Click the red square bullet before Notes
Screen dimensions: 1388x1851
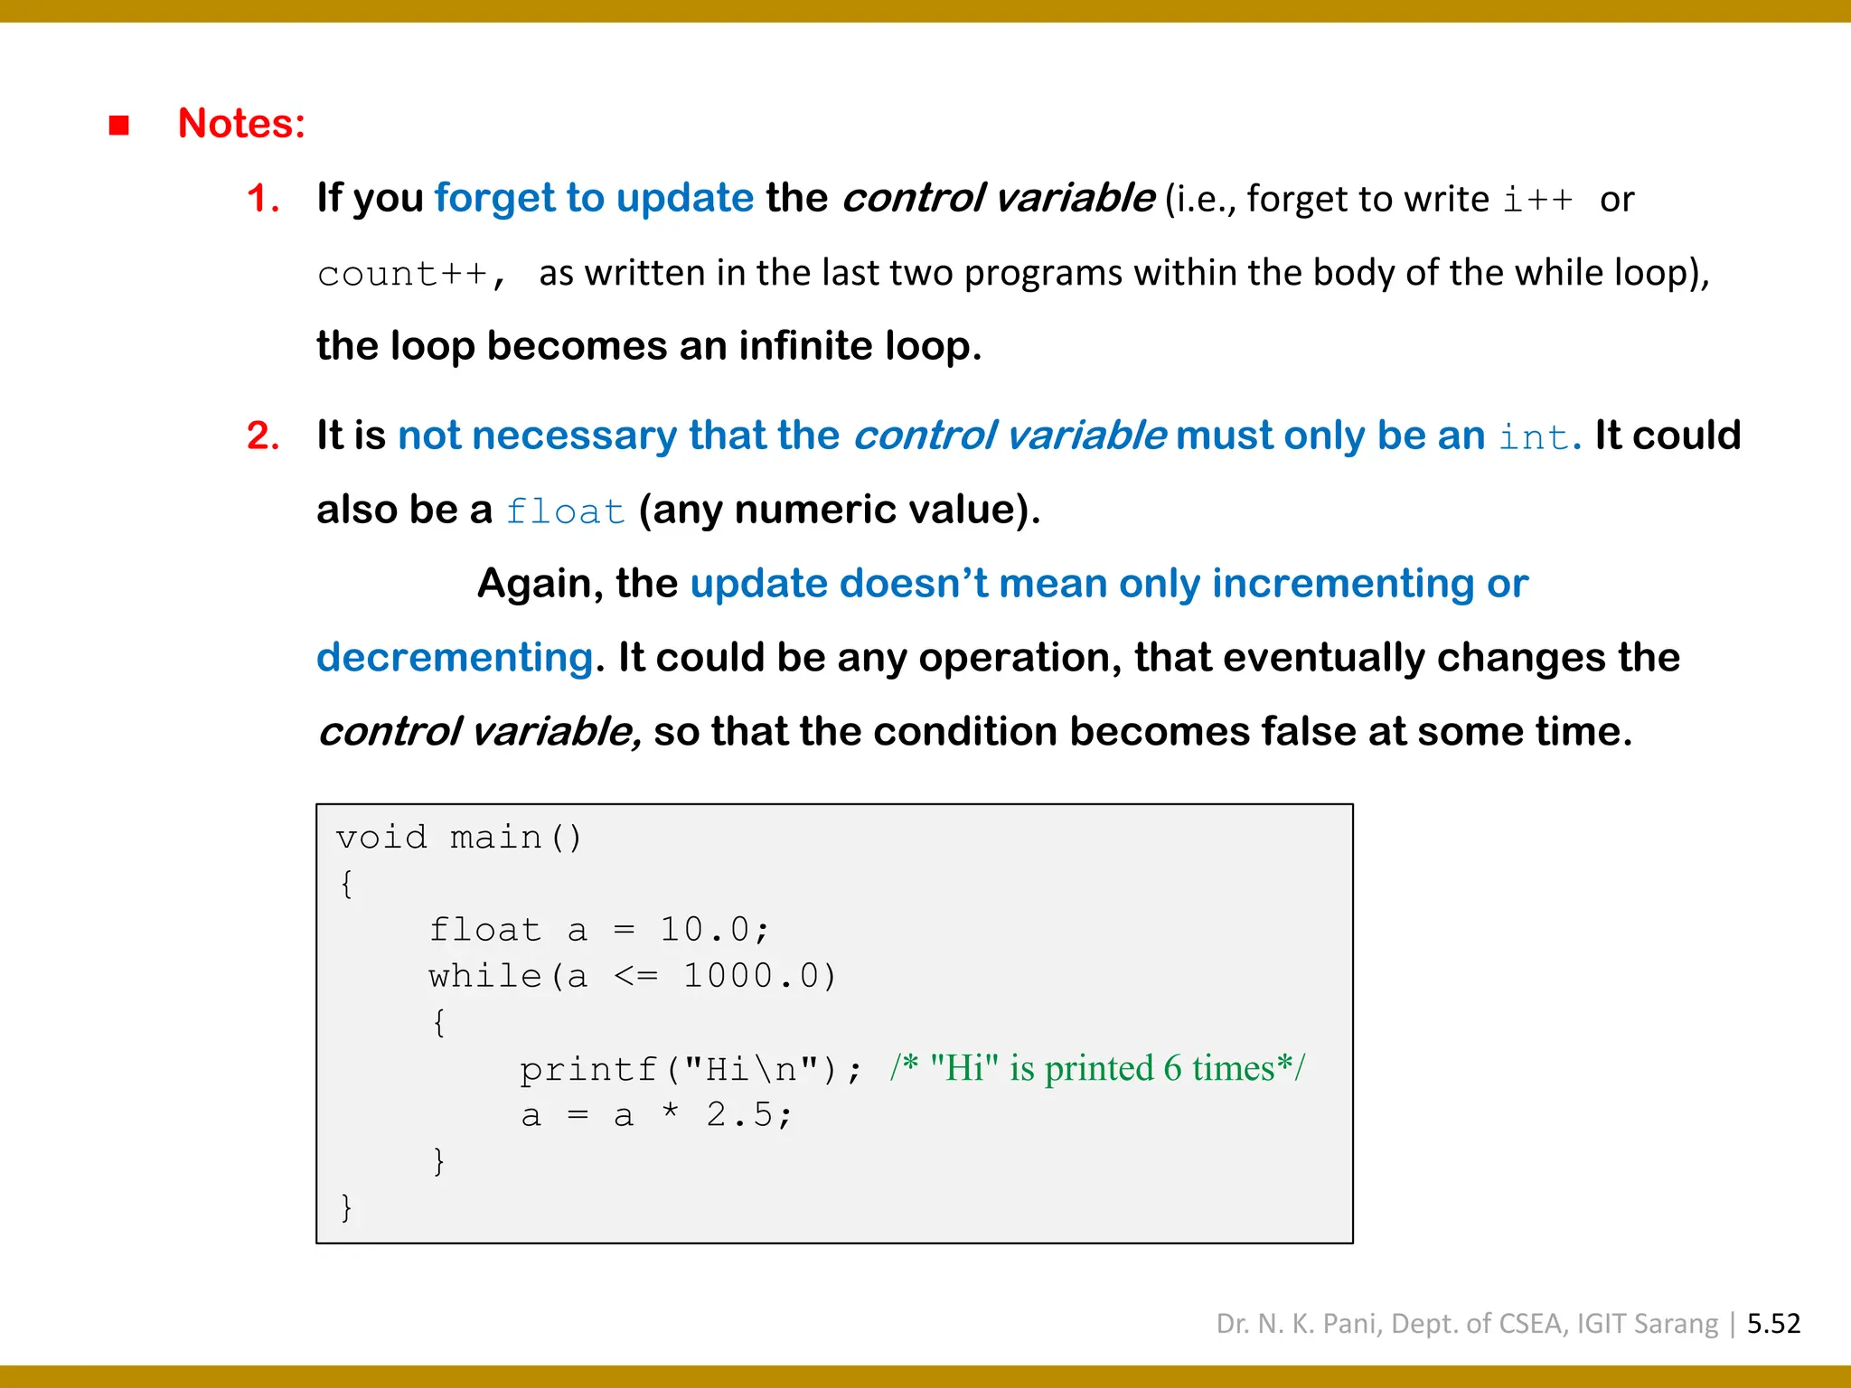(118, 125)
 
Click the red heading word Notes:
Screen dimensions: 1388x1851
(241, 123)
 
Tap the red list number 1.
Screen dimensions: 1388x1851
(262, 199)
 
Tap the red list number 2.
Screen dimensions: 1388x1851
(262, 436)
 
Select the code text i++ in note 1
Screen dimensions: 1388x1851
(1537, 200)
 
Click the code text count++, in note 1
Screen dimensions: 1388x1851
(411, 274)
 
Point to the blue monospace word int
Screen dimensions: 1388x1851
(1534, 437)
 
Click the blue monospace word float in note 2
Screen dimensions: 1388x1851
(565, 511)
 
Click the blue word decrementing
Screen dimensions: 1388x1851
(455, 658)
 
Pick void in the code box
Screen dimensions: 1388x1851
(381, 838)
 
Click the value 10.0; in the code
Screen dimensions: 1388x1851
(714, 930)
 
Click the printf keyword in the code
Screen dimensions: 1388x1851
(587, 1070)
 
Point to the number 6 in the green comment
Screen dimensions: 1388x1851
(1172, 1069)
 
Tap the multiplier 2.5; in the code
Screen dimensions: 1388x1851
(748, 1116)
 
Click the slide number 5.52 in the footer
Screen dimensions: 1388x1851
(1773, 1324)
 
